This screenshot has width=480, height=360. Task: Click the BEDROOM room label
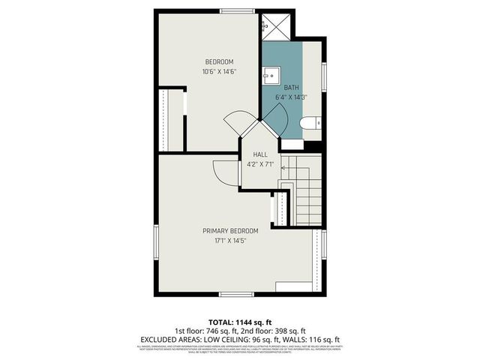(x=220, y=61)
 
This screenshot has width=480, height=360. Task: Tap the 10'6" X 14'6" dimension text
(x=220, y=72)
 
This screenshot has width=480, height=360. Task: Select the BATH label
(x=292, y=87)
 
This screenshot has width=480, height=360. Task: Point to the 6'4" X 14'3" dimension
(x=292, y=97)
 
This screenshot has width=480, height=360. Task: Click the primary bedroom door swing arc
(x=223, y=172)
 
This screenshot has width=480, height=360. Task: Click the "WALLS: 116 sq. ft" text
(x=312, y=339)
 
